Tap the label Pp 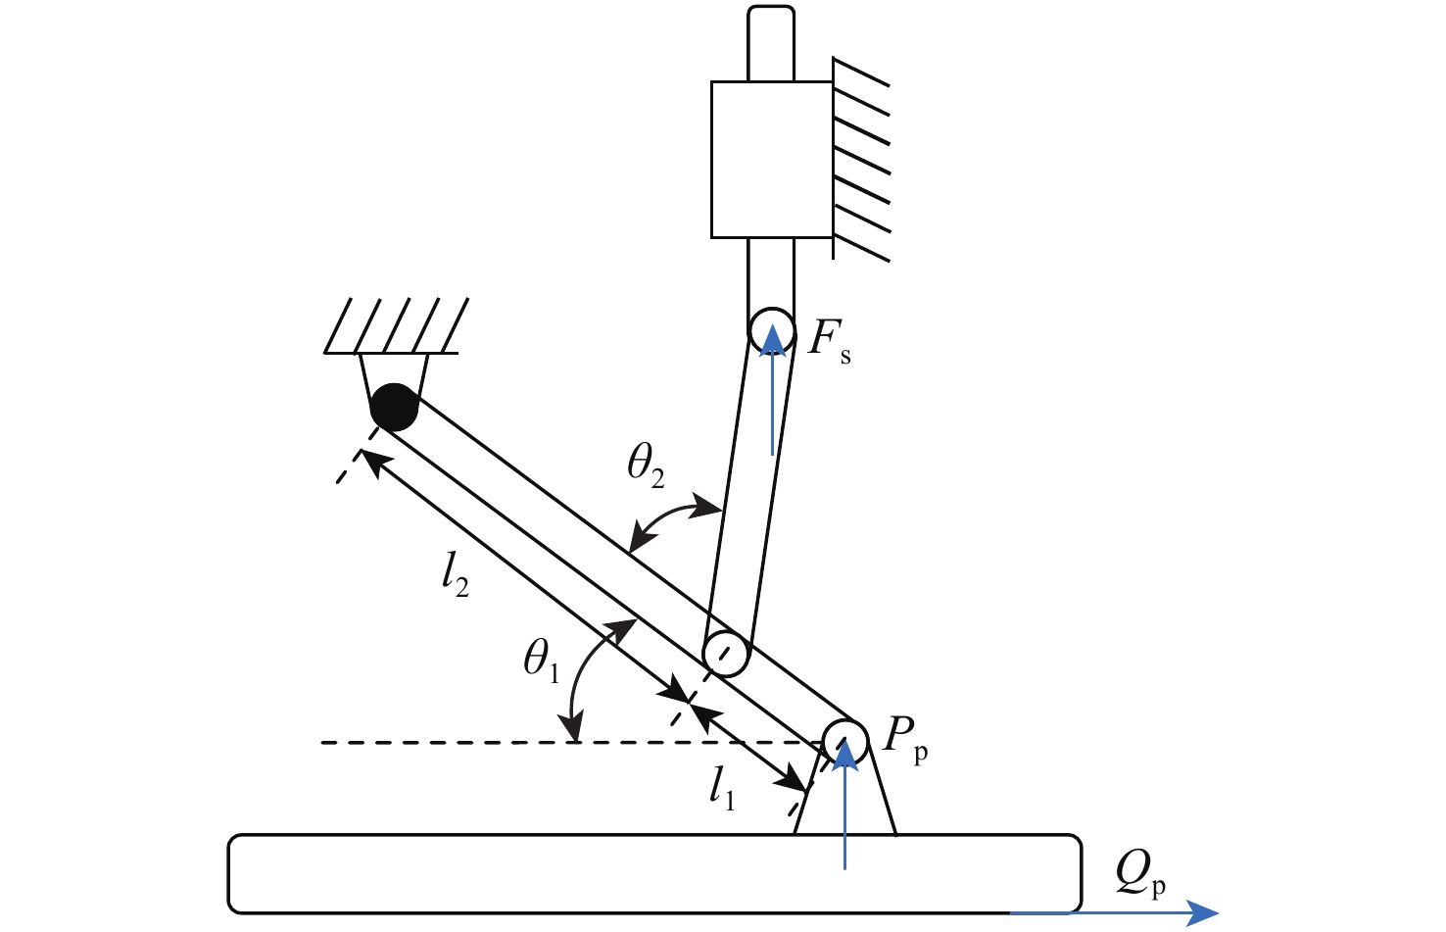pyautogui.click(x=904, y=737)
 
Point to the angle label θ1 pyautogui.click(x=541, y=660)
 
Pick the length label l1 pyautogui.click(x=722, y=788)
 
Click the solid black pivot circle pyautogui.click(x=394, y=407)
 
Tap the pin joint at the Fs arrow pyautogui.click(x=772, y=331)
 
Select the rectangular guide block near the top pyautogui.click(x=771, y=160)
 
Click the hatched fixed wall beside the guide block pyautogui.click(x=861, y=160)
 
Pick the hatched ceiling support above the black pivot pyautogui.click(x=392, y=326)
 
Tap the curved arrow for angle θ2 pyautogui.click(x=675, y=519)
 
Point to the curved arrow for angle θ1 pyautogui.click(x=584, y=676)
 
